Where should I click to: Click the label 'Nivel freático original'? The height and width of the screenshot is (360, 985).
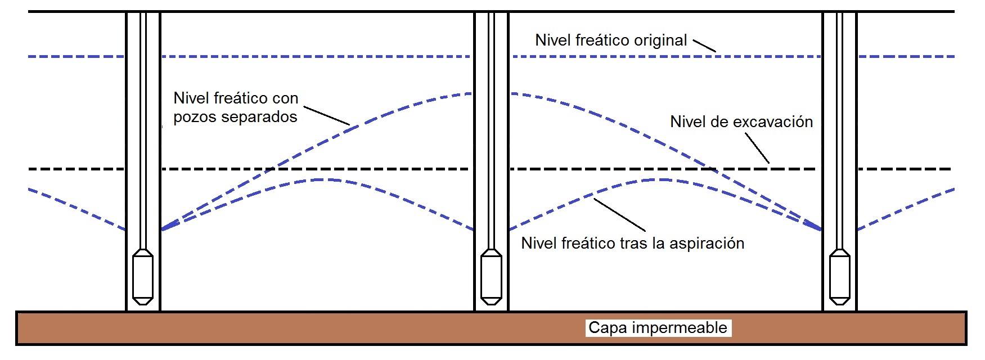[x=611, y=40]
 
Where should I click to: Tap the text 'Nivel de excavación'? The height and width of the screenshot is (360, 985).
[x=741, y=122]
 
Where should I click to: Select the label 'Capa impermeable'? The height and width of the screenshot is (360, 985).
[x=658, y=328]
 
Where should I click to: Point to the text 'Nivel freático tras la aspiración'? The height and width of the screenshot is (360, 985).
[x=633, y=244]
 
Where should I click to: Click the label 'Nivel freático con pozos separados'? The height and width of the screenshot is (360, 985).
[x=236, y=107]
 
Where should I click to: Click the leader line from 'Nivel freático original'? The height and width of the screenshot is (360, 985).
[x=704, y=46]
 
